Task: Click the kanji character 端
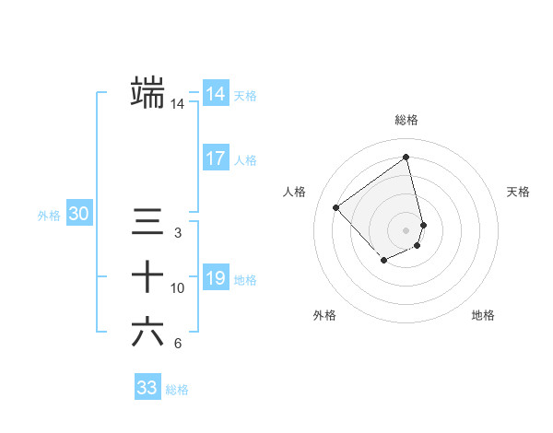[x=148, y=92]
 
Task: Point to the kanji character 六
[x=148, y=332]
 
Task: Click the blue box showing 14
[x=215, y=94]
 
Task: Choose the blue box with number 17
[x=215, y=158]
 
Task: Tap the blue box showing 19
[x=215, y=278]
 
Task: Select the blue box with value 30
[x=79, y=215]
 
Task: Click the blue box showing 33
[x=147, y=388]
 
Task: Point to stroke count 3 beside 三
[x=178, y=233]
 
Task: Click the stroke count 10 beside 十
[x=178, y=288]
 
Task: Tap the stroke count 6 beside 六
[x=178, y=344]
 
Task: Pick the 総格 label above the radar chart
[x=406, y=120]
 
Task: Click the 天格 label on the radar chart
[x=519, y=192]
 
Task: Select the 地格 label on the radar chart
[x=483, y=315]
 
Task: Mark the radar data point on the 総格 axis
[x=406, y=157]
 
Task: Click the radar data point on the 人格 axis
[x=336, y=207]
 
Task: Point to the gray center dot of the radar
[x=406, y=229]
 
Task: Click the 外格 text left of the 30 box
[x=49, y=216]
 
